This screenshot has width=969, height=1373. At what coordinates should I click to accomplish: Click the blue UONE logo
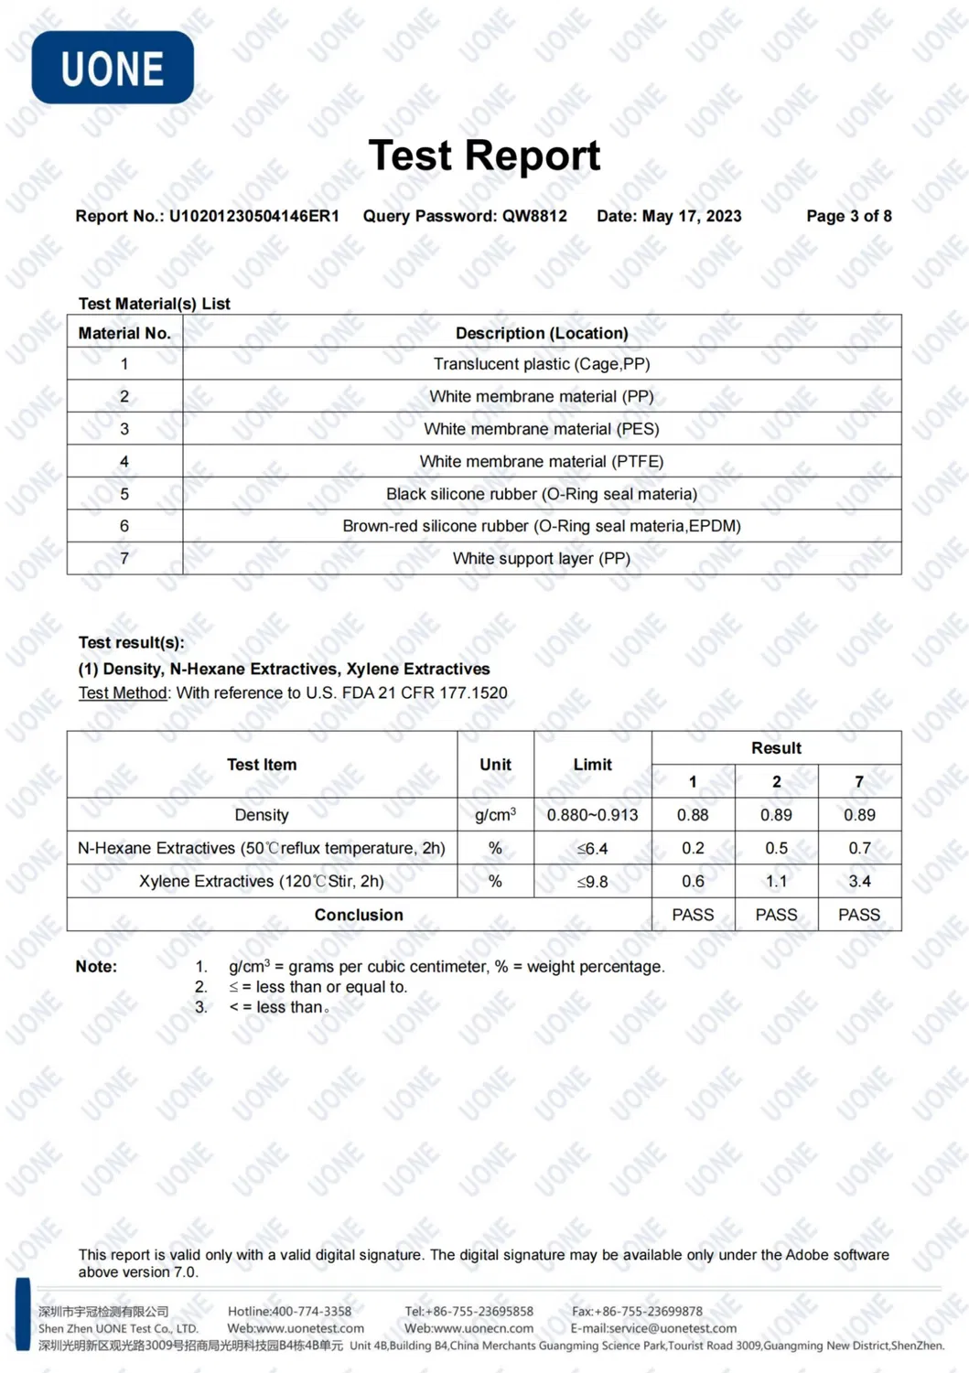click(113, 68)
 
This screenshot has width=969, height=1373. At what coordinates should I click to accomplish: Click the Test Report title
click(484, 156)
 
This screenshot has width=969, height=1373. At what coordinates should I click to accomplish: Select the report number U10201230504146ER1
click(253, 216)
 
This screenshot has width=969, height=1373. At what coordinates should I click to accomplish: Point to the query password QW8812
click(534, 216)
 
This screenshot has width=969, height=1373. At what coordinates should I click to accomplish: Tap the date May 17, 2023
click(691, 216)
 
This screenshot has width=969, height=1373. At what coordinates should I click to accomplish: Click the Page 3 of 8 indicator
click(848, 216)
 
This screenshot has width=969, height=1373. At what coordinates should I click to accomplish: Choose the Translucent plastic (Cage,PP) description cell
click(542, 364)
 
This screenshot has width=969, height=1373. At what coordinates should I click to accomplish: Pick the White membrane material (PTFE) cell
click(542, 461)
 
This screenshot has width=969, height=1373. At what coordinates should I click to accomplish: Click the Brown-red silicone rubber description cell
click(542, 526)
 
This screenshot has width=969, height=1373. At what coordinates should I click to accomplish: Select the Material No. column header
click(124, 333)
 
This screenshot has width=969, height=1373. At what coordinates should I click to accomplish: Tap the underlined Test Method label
click(123, 692)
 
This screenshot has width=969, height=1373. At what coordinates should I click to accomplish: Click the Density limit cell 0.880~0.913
click(592, 815)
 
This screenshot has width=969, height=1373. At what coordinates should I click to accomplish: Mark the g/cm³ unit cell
click(495, 815)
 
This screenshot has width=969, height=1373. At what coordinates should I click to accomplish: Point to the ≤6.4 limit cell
click(592, 848)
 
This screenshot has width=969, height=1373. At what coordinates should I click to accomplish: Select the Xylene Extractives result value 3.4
click(859, 881)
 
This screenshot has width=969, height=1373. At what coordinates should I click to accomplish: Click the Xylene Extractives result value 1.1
click(776, 881)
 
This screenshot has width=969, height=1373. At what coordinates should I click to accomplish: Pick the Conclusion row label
click(359, 915)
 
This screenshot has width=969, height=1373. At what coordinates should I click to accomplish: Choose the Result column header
click(776, 748)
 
